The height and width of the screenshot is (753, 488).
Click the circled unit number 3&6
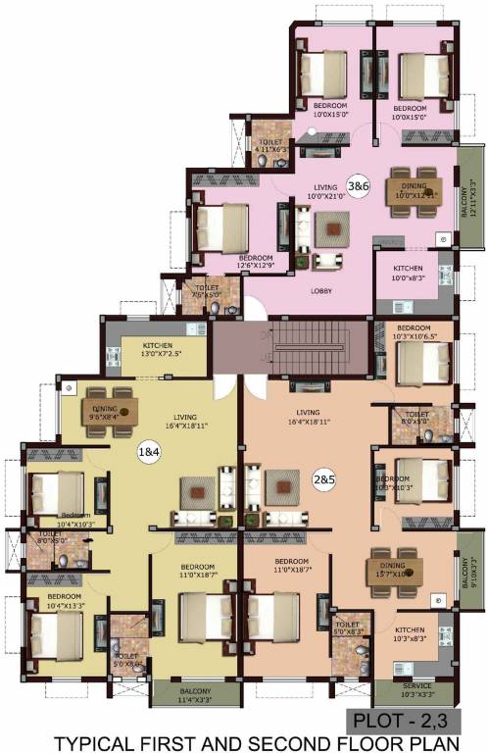coord(359,184)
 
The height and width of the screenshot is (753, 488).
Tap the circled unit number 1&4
coord(150,453)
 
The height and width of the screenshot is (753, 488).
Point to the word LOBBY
coord(320,290)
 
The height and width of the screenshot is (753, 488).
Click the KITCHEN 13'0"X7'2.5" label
coord(159,350)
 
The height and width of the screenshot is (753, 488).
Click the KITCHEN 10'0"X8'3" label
coord(409,274)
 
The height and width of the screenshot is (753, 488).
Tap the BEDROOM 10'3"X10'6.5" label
coord(414,332)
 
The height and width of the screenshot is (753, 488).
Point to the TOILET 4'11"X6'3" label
coord(270,146)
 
